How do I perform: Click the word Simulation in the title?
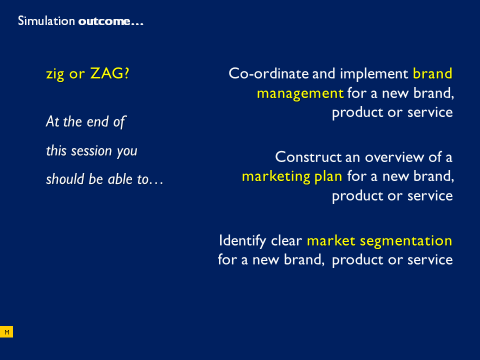click(x=46, y=21)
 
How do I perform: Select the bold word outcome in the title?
click(x=104, y=21)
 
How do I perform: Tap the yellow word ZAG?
click(x=110, y=73)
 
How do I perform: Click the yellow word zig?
click(x=55, y=74)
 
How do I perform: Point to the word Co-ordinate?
click(x=268, y=73)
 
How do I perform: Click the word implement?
click(x=374, y=74)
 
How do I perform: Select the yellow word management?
click(x=300, y=93)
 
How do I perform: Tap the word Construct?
click(x=308, y=157)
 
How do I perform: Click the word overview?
click(x=394, y=157)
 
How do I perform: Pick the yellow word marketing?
click(x=276, y=176)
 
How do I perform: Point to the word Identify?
click(x=242, y=241)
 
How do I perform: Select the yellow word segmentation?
click(x=406, y=241)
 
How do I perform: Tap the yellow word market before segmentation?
click(x=331, y=240)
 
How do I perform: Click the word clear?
click(x=286, y=240)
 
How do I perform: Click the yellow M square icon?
click(x=6, y=332)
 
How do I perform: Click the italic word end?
click(x=97, y=121)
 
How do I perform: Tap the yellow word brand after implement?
click(x=432, y=73)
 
